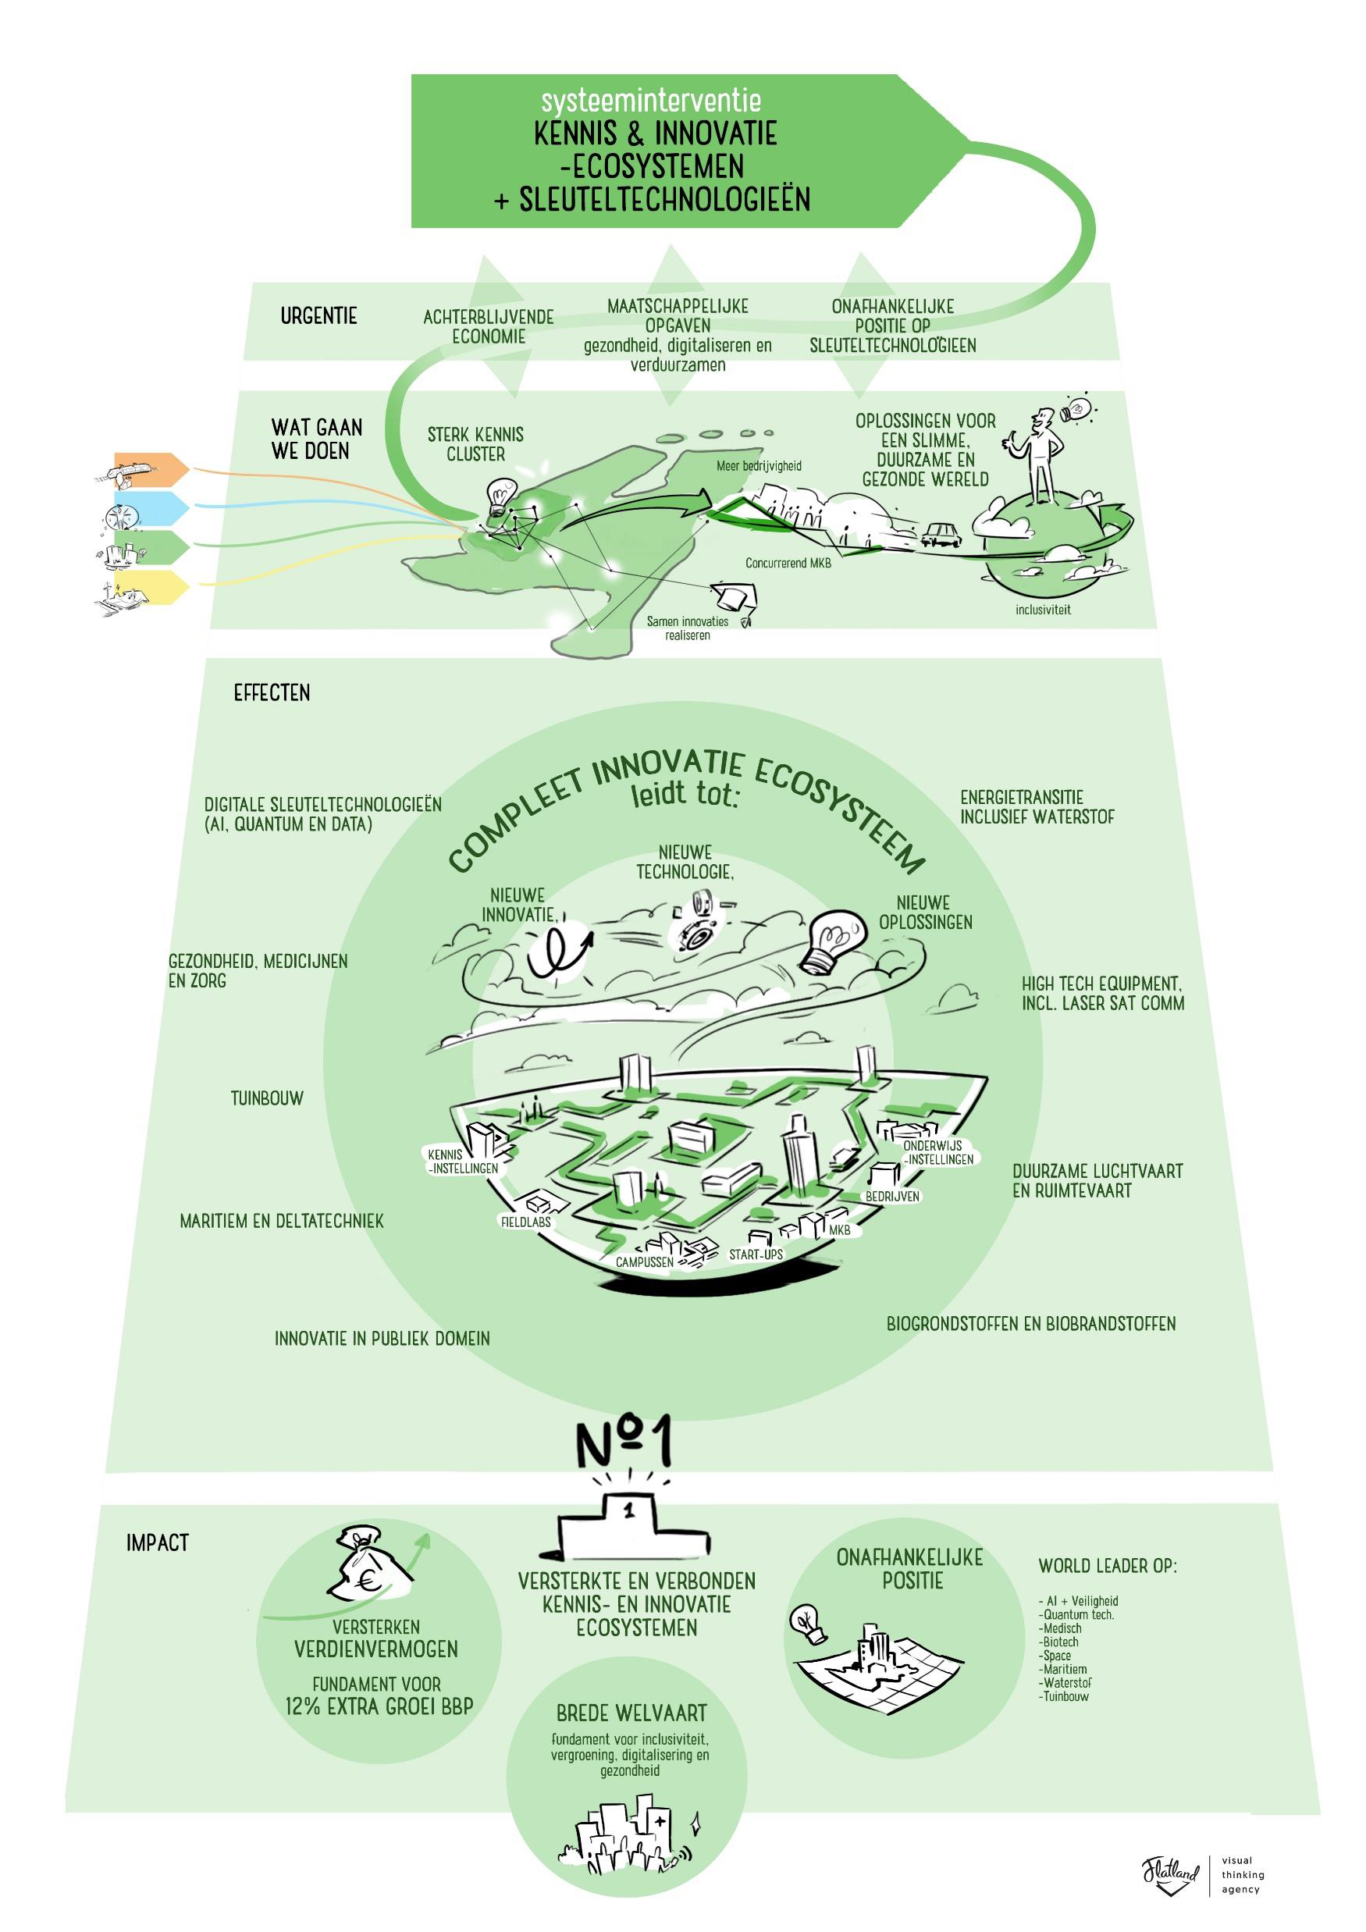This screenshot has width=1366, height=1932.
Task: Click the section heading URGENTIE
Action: pos(319,316)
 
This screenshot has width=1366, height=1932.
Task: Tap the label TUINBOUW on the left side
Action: pos(267,1098)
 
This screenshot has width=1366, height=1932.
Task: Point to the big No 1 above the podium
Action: pos(624,1443)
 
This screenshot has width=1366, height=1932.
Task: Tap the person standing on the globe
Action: pos(1041,454)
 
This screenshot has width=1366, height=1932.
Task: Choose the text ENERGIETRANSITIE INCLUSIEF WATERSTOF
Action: pos(1037,807)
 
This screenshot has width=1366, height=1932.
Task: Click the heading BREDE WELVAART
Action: pos(631,1713)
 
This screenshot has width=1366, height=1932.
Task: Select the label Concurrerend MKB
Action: pos(788,563)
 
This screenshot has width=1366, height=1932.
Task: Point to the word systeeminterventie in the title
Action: pos(650,101)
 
